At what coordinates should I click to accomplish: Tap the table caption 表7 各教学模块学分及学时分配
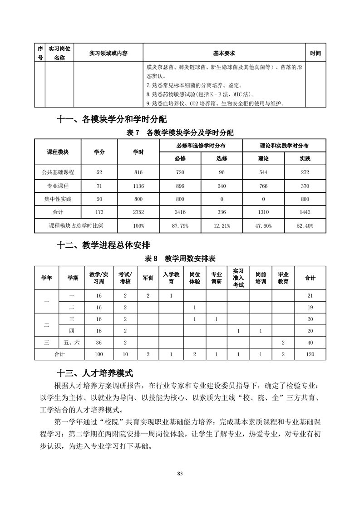click(x=180, y=133)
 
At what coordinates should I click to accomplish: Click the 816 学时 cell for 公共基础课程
click(x=138, y=172)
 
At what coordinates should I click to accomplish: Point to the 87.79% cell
click(x=180, y=225)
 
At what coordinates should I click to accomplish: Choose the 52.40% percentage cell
click(x=304, y=225)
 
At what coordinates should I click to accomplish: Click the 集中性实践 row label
click(x=58, y=199)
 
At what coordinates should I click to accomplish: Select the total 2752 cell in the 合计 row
click(x=138, y=212)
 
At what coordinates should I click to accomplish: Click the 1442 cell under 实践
click(x=304, y=212)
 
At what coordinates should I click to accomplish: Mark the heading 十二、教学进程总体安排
click(x=103, y=245)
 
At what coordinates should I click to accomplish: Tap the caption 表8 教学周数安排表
click(x=180, y=259)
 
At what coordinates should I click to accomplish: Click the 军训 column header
click(x=148, y=278)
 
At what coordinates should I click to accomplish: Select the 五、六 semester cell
click(x=73, y=342)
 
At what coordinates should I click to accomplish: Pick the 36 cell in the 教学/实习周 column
click(x=99, y=342)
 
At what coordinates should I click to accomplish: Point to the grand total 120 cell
click(x=310, y=354)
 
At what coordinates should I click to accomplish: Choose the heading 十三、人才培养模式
click(x=94, y=374)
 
